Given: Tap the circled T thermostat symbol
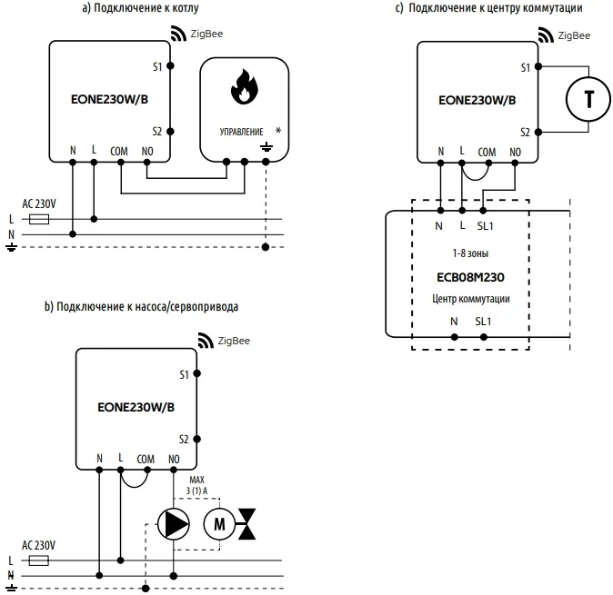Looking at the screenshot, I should pos(588,99).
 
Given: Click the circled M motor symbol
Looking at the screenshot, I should pos(217,522).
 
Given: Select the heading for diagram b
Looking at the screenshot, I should pos(141,306).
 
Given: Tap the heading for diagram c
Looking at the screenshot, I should pos(488,8).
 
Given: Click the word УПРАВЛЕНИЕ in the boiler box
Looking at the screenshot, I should pos(241,132).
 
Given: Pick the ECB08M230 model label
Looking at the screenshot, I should pos(469,277).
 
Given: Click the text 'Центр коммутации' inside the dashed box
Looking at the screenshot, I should pos(469,298).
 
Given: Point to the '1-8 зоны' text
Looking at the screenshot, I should pos(469,253).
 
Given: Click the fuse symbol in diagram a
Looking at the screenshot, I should pos(39,219).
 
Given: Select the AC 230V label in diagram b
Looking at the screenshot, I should pos(38,544).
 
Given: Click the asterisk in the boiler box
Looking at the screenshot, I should pos(277,131).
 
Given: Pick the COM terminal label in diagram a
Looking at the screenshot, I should pos(120,149).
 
